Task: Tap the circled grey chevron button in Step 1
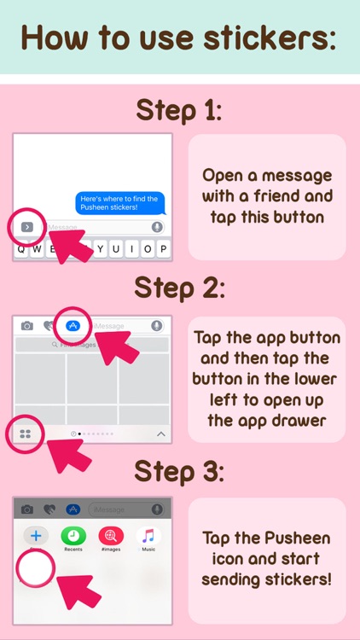pyautogui.click(x=26, y=227)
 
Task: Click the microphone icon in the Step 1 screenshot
pyautogui.click(x=157, y=227)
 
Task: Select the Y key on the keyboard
pyautogui.click(x=102, y=249)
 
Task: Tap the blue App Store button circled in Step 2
pyautogui.click(x=73, y=326)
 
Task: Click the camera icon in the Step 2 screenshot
pyautogui.click(x=27, y=326)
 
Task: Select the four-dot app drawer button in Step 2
pyautogui.click(x=26, y=433)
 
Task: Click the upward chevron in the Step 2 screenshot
pyautogui.click(x=160, y=434)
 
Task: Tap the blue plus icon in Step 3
pyautogui.click(x=37, y=536)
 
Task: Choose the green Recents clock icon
pyautogui.click(x=73, y=536)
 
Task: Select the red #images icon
pyautogui.click(x=111, y=536)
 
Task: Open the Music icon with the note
pyautogui.click(x=148, y=536)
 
